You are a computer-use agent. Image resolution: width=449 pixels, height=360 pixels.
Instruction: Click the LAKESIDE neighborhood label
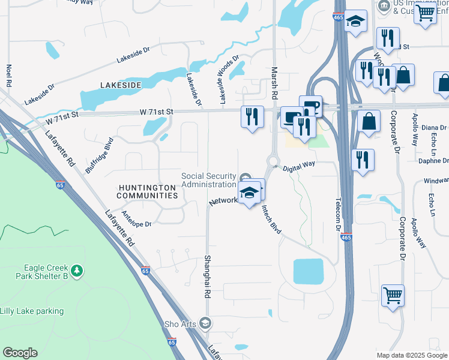(121, 85)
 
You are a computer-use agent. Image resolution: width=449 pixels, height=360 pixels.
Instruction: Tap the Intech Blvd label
(271, 220)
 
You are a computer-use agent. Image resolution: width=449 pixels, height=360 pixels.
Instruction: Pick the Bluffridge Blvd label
(99, 155)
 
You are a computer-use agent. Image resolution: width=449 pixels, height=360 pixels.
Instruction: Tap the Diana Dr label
(434, 128)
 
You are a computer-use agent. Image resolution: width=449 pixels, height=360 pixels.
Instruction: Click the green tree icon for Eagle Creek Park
(76, 272)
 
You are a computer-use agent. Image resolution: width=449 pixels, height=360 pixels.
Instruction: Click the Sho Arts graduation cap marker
(206, 324)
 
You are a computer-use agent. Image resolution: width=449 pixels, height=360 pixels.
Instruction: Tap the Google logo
(20, 353)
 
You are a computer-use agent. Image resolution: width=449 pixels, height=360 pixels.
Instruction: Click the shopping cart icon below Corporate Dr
(393, 295)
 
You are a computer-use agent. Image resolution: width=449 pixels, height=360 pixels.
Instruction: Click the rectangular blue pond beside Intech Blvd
(309, 272)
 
